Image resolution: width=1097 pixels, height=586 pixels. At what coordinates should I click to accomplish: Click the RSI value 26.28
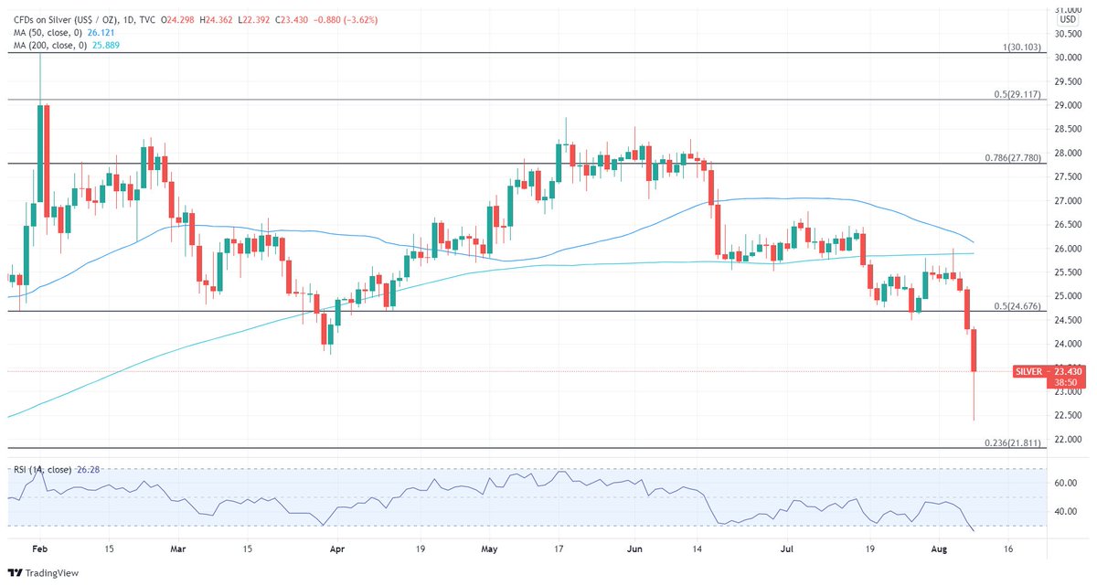pos(87,469)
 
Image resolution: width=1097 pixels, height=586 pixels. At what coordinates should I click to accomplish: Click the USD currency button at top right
pos(1067,19)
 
